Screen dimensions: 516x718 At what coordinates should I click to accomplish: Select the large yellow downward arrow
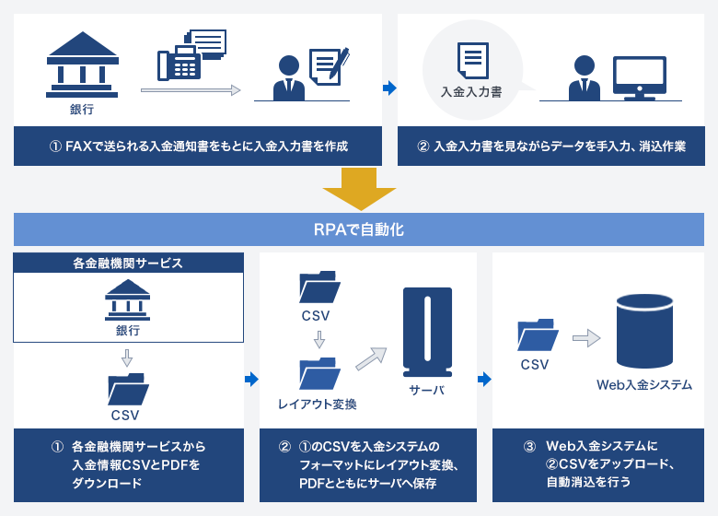[x=359, y=189]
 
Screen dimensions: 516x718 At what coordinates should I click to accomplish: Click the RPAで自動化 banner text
[x=359, y=229]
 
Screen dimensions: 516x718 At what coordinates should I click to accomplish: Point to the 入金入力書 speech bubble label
[x=470, y=92]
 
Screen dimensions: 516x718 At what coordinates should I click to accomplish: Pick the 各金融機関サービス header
[x=128, y=263]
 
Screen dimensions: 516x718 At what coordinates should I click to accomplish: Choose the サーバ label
[x=427, y=390]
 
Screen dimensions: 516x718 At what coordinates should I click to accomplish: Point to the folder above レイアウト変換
[x=319, y=373]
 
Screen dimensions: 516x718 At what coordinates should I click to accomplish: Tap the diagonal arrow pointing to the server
[x=371, y=357]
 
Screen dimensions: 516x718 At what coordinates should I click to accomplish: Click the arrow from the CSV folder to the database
[x=585, y=339]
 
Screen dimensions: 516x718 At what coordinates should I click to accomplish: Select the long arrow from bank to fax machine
[x=191, y=90]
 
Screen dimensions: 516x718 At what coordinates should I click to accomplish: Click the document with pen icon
[x=328, y=66]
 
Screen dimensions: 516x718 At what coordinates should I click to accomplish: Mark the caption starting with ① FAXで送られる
[x=198, y=146]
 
